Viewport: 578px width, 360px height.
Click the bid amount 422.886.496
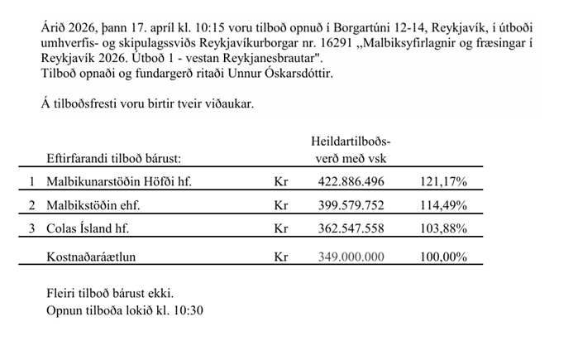pos(351,180)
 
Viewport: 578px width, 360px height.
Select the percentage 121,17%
pos(444,180)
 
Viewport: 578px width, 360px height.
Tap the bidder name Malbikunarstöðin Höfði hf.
pos(119,180)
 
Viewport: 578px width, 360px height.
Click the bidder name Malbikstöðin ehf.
pos(94,204)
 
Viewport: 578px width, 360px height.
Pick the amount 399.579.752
pos(351,204)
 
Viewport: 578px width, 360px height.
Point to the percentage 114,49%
pos(444,204)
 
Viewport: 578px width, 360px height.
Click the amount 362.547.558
pos(351,228)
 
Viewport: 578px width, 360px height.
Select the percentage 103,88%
pos(444,228)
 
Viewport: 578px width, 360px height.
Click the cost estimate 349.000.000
pos(351,257)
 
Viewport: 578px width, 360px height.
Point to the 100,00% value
pos(444,257)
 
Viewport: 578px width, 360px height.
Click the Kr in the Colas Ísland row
pos(280,228)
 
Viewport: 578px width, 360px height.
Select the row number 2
pos(32,204)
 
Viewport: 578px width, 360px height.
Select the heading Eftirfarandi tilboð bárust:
pos(115,156)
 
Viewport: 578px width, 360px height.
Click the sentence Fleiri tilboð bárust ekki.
pos(111,294)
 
